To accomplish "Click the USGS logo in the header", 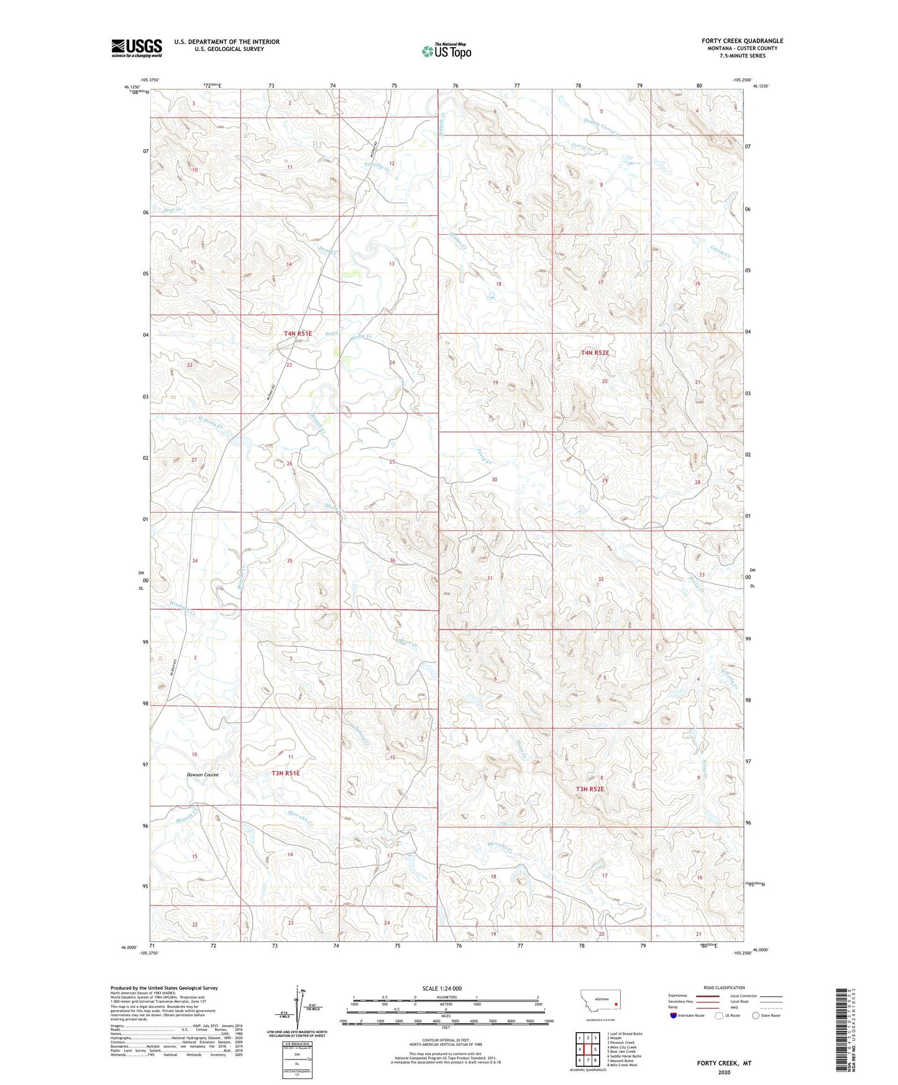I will (x=137, y=47).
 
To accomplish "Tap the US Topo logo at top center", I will (x=446, y=51).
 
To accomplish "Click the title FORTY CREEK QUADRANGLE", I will (x=743, y=41).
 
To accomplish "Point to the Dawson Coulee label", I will (x=203, y=775).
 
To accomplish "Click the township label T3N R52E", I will (x=590, y=789).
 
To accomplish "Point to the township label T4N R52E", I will (x=595, y=352).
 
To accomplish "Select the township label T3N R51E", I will (x=286, y=773).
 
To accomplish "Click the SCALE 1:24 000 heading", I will (x=442, y=988).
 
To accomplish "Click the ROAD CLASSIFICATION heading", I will (x=724, y=987).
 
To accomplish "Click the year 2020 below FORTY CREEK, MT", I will (x=724, y=1072).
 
